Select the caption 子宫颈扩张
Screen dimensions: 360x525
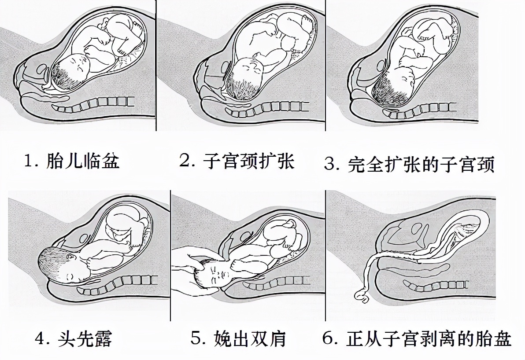click(248, 162)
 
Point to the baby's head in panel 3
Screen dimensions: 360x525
click(392, 88)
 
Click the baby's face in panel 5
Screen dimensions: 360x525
click(218, 276)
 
